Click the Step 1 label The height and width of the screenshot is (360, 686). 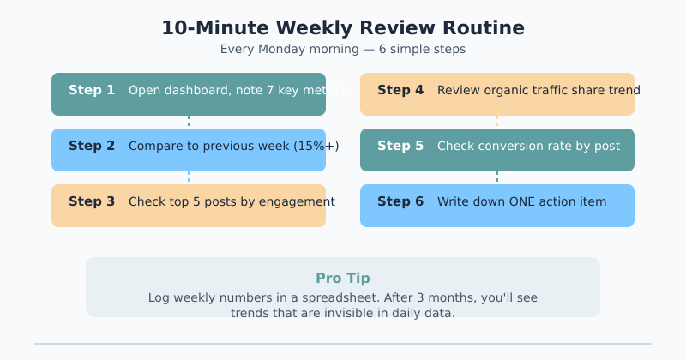click(92, 90)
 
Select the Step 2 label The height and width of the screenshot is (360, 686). click(92, 146)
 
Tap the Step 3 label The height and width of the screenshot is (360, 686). click(92, 201)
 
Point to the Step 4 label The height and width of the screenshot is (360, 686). click(400, 90)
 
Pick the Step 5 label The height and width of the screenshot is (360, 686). click(400, 146)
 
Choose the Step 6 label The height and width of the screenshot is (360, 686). click(400, 201)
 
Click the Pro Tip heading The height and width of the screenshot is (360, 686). click(343, 278)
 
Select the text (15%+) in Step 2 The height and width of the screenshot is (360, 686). click(316, 146)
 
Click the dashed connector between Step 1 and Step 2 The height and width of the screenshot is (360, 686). click(189, 122)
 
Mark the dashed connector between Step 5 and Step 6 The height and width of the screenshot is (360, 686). click(497, 177)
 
